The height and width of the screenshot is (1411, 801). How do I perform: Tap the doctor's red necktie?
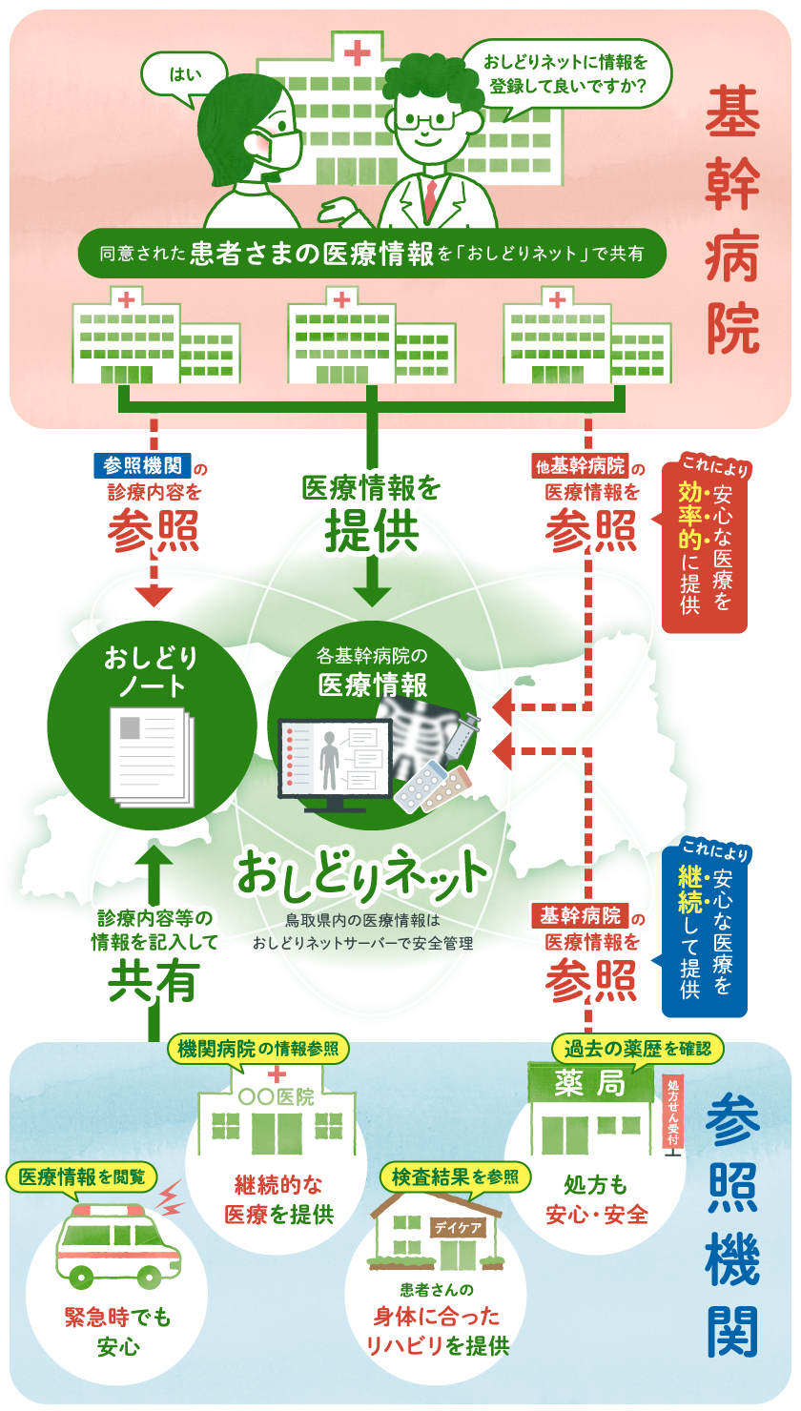pyautogui.click(x=431, y=196)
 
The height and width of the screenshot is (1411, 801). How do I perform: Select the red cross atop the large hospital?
pyautogui.click(x=358, y=52)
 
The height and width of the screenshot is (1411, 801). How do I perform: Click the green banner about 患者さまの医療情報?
pyautogui.click(x=370, y=254)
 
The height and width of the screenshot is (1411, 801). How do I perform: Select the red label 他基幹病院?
pyautogui.click(x=580, y=467)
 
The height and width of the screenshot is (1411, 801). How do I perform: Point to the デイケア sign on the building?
pyautogui.click(x=459, y=1228)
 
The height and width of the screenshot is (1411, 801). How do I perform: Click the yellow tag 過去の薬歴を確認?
pyautogui.click(x=637, y=1049)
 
